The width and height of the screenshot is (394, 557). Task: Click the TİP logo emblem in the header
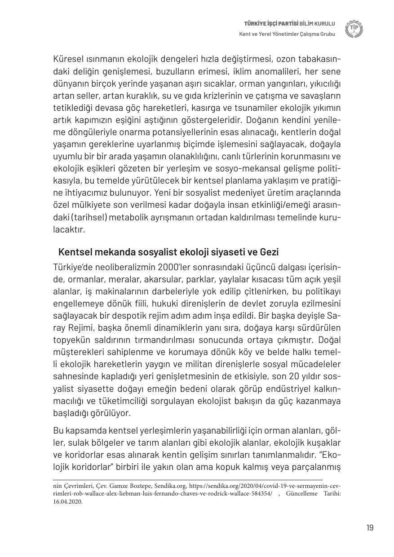pyautogui.click(x=354, y=29)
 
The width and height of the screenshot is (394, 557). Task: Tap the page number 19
pyautogui.click(x=369, y=527)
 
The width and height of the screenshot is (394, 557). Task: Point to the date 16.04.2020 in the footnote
pyautogui.click(x=68, y=502)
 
